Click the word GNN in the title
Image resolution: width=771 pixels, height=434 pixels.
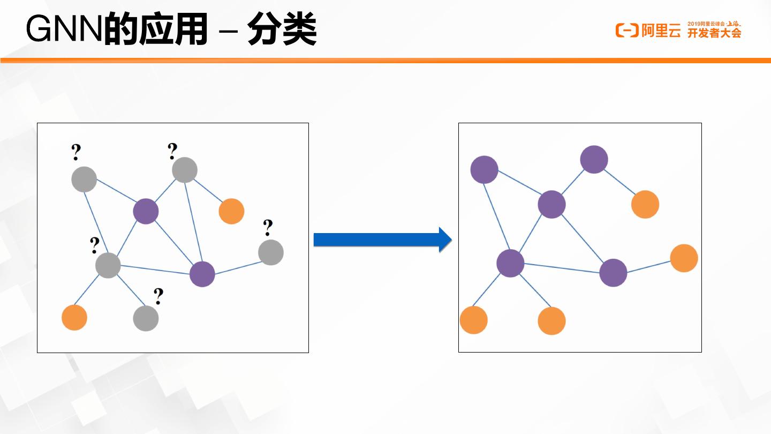64,31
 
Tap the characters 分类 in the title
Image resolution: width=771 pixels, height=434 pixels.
282,31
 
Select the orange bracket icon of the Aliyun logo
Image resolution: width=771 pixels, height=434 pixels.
627,31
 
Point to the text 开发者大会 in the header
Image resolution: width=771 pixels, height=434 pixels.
714,33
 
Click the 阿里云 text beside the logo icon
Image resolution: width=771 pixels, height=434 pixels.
661,31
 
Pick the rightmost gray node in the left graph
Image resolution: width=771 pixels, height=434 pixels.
271,252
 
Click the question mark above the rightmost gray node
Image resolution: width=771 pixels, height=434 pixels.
268,228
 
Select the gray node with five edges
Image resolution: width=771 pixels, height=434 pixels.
108,265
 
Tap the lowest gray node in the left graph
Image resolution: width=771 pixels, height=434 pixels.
146,318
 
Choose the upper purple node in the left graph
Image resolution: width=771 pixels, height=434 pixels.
146,211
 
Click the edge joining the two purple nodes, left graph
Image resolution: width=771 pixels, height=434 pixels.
174,242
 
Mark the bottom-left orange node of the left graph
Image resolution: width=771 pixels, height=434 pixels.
74,317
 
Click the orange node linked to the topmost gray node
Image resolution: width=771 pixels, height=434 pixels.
231,211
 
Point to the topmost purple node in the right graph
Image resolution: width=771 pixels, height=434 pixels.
594,159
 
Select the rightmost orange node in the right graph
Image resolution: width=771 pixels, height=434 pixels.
684,258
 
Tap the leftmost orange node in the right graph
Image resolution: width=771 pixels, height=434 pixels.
474,320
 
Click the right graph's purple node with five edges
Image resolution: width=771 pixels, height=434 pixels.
510,263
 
